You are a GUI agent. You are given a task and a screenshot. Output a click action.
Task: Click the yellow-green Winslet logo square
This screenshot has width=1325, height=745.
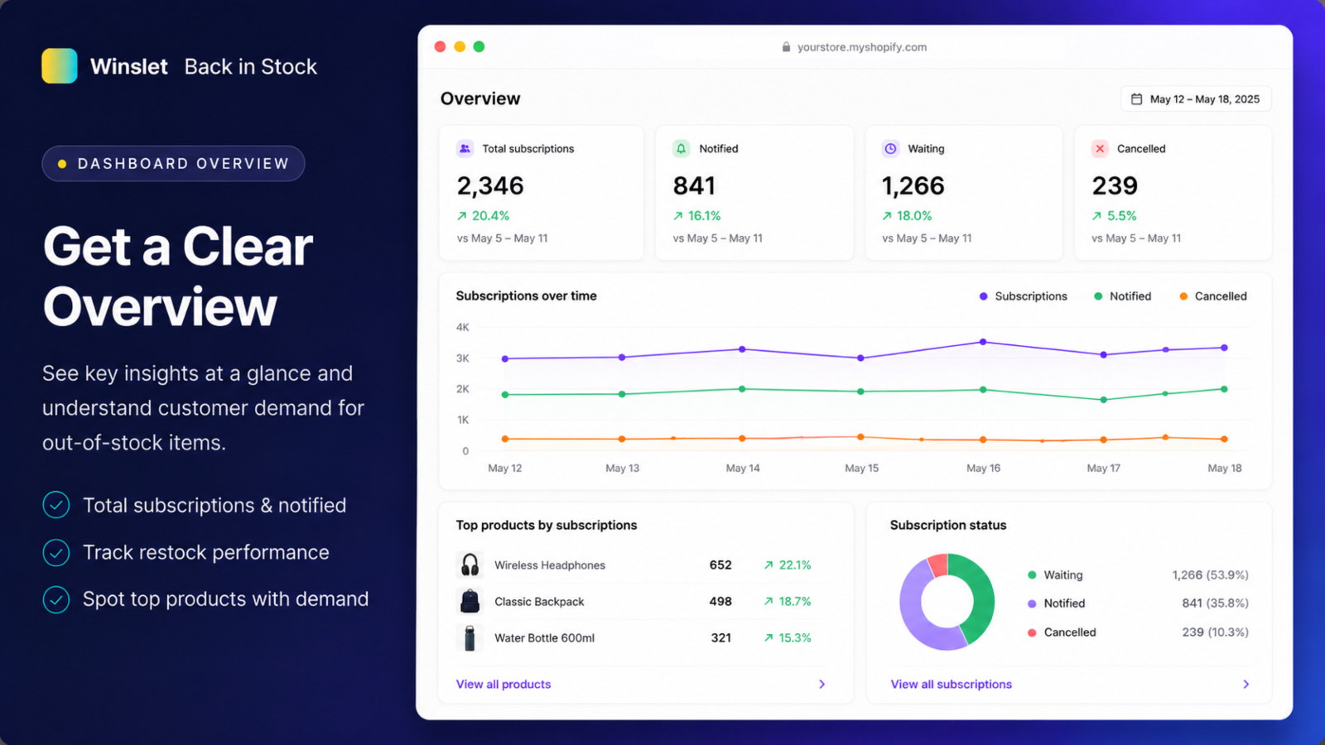pyautogui.click(x=59, y=65)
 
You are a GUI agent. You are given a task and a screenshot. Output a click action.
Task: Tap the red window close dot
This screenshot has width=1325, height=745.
pyautogui.click(x=440, y=46)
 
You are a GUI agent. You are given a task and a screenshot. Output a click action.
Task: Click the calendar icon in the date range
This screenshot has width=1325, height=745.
pyautogui.click(x=1136, y=99)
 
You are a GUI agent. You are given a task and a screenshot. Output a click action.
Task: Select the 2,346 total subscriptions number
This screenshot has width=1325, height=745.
pyautogui.click(x=489, y=185)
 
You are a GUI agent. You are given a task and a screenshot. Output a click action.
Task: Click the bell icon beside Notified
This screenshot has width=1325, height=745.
pyautogui.click(x=681, y=148)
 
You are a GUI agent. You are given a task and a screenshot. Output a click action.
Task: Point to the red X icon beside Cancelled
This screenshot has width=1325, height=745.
pyautogui.click(x=1100, y=148)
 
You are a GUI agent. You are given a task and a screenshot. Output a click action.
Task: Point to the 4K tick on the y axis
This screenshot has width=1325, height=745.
pyautogui.click(x=463, y=327)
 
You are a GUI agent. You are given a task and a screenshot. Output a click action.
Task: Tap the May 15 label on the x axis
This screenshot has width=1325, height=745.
pyautogui.click(x=861, y=468)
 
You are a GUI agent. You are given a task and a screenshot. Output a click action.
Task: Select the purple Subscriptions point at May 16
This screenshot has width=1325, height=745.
pyautogui.click(x=983, y=342)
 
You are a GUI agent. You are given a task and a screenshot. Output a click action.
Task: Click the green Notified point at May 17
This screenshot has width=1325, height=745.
pyautogui.click(x=1103, y=400)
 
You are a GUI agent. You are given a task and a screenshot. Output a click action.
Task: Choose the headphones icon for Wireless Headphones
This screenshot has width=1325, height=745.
pyautogui.click(x=470, y=565)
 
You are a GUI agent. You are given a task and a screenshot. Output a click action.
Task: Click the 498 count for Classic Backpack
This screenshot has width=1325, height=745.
pyautogui.click(x=720, y=601)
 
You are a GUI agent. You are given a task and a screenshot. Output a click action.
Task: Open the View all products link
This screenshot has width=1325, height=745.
pyautogui.click(x=503, y=684)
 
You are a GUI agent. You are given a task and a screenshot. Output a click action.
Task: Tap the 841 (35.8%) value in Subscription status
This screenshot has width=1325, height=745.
pyautogui.click(x=1215, y=603)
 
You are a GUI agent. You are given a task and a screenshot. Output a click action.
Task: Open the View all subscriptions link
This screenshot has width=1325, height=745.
pyautogui.click(x=952, y=684)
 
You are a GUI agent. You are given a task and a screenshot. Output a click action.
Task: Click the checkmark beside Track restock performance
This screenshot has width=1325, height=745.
pyautogui.click(x=56, y=552)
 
